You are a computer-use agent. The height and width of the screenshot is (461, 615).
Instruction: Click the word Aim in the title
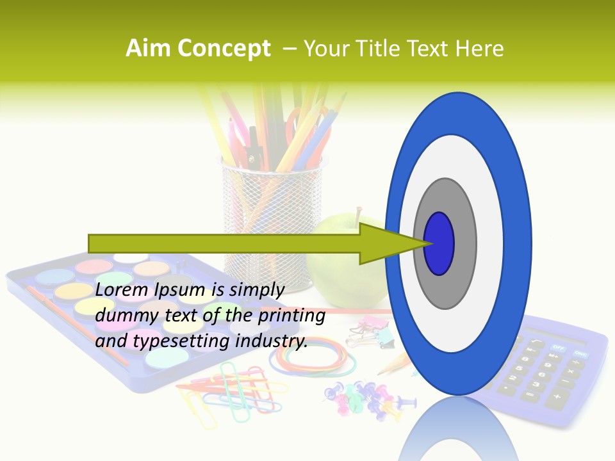click(149, 49)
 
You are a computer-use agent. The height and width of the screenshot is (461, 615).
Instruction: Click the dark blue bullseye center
click(439, 244)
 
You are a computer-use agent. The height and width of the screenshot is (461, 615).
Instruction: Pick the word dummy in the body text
click(122, 316)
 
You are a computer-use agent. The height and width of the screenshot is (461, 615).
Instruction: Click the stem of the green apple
click(359, 215)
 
